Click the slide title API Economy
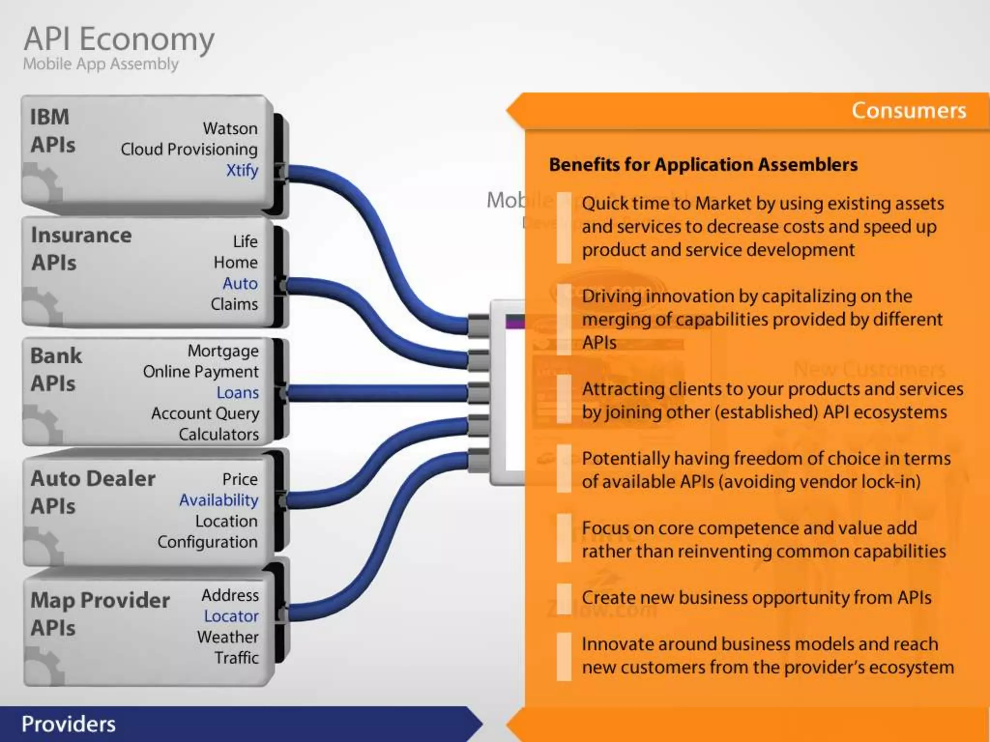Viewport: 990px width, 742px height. click(119, 40)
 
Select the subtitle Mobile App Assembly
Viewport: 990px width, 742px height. click(101, 64)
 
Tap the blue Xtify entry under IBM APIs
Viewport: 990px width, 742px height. click(242, 170)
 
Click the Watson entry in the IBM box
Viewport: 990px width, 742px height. click(230, 128)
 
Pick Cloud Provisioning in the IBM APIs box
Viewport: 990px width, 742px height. click(189, 149)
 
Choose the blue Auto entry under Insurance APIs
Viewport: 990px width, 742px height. click(240, 283)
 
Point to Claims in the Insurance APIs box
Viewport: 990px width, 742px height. click(234, 304)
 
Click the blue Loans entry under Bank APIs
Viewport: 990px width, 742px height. click(238, 393)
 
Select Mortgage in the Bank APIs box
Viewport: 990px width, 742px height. click(223, 351)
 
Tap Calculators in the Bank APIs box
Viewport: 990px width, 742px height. click(219, 434)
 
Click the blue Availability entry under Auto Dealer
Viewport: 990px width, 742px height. click(219, 500)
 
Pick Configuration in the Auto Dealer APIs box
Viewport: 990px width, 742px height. click(208, 542)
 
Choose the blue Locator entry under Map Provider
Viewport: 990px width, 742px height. click(232, 616)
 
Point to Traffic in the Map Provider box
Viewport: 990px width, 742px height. click(237, 658)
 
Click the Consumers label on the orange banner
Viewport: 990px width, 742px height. click(909, 111)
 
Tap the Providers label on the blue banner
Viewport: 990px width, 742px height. click(69, 724)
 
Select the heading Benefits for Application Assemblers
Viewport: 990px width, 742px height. click(703, 165)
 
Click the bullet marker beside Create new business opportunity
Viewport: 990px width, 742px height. click(564, 598)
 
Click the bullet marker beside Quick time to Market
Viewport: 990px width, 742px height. click(564, 227)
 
